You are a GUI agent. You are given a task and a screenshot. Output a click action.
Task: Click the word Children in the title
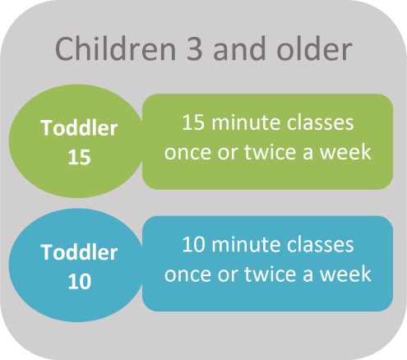coord(115,48)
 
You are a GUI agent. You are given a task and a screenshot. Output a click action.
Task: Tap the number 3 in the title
coord(195,49)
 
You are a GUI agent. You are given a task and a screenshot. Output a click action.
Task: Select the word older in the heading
coord(314,48)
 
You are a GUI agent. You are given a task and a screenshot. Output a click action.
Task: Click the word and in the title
coord(239,48)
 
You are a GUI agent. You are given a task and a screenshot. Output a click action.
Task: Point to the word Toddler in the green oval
coord(79,127)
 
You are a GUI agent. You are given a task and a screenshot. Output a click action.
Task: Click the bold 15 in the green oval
coord(79,157)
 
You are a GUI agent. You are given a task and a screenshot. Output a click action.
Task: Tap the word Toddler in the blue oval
coord(79,252)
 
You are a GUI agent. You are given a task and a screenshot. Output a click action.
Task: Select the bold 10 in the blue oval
coord(80,282)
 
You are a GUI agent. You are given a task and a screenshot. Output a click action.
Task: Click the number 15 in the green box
coord(193,122)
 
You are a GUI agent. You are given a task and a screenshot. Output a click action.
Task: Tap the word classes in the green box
coord(321,122)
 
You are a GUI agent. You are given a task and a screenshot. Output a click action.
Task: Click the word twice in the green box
coord(270,152)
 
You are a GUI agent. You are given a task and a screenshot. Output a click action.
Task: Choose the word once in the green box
coord(187,153)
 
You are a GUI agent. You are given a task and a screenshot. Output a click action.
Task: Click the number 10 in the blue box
coord(193,244)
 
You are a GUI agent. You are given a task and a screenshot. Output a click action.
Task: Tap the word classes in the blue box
coord(321,244)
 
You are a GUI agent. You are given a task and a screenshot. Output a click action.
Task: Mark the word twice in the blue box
coord(270,274)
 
